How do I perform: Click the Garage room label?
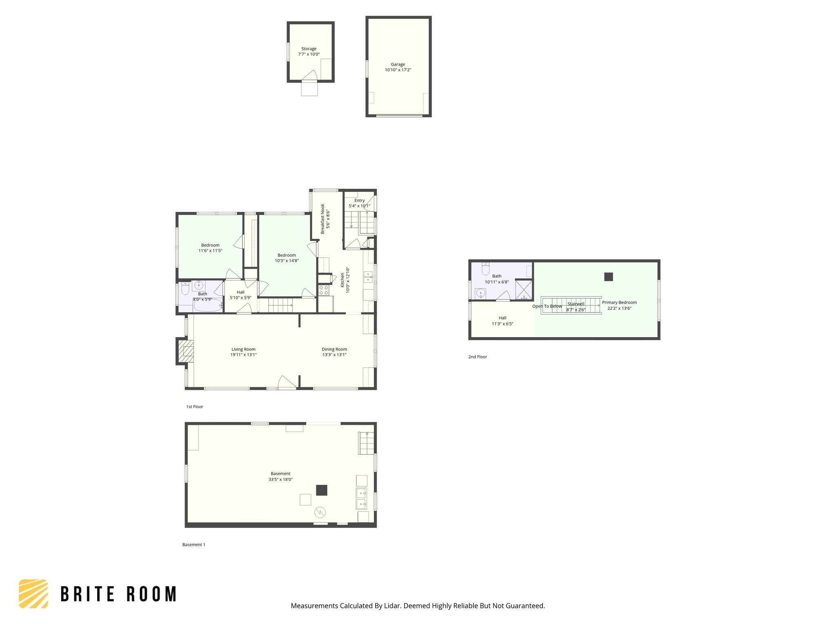(398, 64)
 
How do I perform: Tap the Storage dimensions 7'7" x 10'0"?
(309, 54)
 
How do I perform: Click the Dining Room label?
(334, 349)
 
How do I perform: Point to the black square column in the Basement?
(322, 490)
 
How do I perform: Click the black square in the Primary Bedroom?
(608, 277)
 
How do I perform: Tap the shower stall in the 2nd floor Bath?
(524, 289)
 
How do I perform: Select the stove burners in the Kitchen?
(324, 291)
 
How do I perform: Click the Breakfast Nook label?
(322, 219)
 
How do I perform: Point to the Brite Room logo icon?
(33, 594)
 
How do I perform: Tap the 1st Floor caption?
(194, 407)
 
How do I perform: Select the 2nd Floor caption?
(478, 357)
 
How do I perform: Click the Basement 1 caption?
(193, 545)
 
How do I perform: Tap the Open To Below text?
(547, 306)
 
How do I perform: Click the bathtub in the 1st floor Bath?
(208, 306)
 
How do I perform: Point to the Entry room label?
(359, 200)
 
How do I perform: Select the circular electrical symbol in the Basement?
(320, 512)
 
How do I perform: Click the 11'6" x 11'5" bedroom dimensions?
(210, 251)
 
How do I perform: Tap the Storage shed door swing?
(310, 76)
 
